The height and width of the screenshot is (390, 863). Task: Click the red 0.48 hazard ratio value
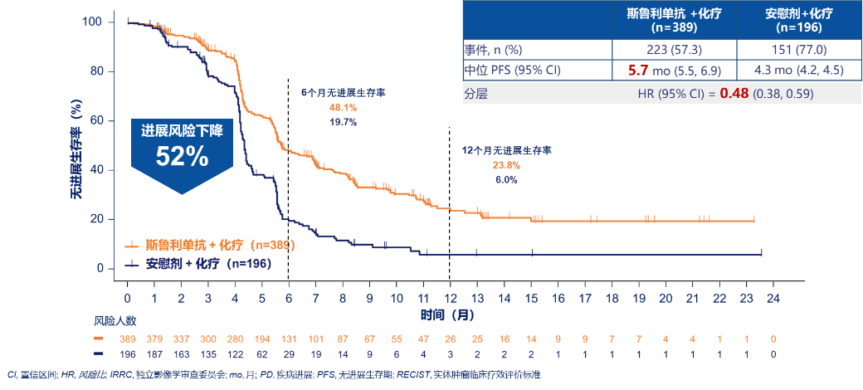734,94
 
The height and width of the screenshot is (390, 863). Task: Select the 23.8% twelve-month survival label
506,165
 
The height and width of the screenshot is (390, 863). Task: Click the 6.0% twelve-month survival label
506,179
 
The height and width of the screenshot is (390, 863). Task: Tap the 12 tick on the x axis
450,298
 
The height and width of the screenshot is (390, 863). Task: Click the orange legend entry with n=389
211,246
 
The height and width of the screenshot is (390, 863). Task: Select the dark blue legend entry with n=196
199,264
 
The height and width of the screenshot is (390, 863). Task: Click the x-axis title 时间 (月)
447,316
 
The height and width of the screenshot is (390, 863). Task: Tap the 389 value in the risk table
128,340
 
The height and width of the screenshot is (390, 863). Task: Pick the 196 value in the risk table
128,354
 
